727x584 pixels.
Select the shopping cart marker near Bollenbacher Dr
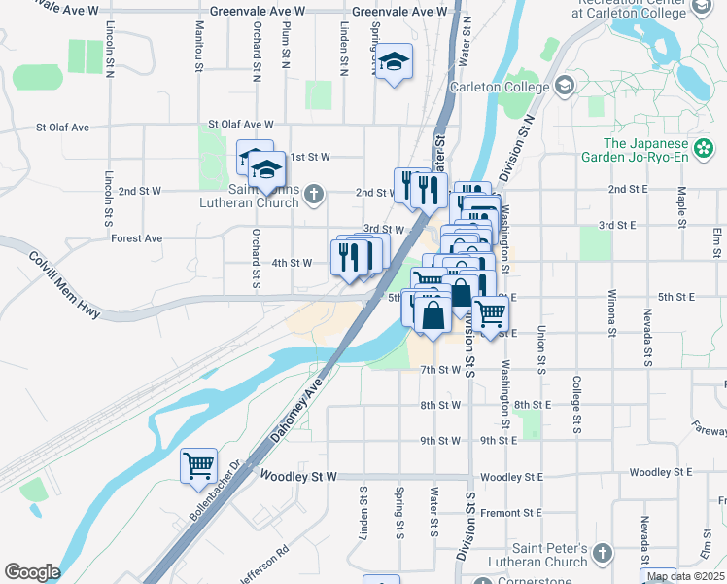[198, 465]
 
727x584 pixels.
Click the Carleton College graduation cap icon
[565, 87]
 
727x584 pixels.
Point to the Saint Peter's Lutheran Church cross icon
[603, 554]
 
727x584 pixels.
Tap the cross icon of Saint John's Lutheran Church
[313, 193]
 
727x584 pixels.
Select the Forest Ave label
[136, 238]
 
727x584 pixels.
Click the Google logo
[32, 572]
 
